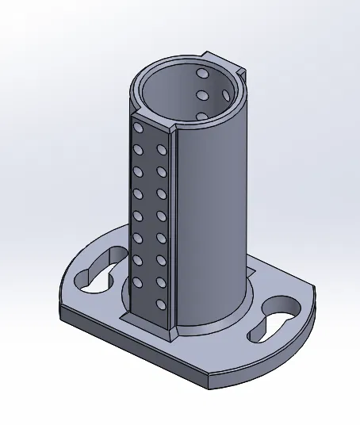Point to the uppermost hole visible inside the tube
(203, 75)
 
